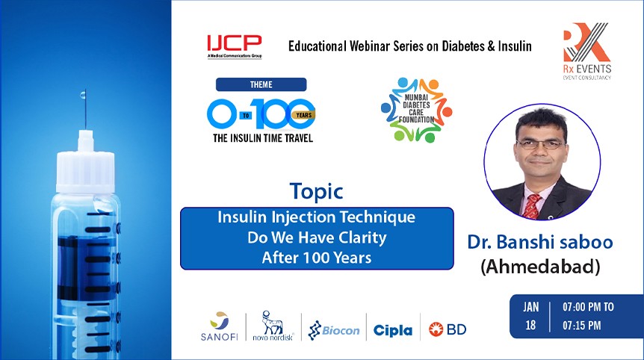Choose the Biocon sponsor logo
(334, 329)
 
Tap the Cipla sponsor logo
(392, 329)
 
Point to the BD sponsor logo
(448, 329)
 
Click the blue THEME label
(261, 84)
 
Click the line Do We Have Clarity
(316, 239)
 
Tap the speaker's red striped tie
(533, 205)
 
